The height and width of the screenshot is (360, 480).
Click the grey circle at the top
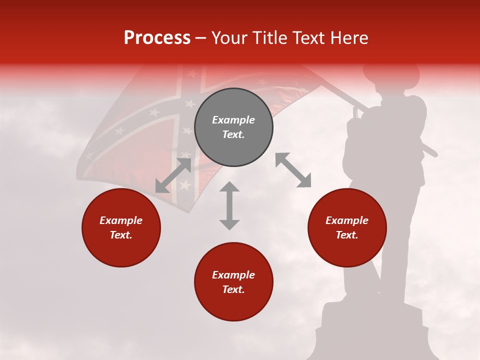point(233,127)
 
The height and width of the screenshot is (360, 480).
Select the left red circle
point(121,228)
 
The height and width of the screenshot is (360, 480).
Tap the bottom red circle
point(233,282)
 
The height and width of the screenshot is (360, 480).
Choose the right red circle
point(347,228)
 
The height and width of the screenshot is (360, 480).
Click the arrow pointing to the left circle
point(173,175)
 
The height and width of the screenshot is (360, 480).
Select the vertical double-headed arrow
point(229,205)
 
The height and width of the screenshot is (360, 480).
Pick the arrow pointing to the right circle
point(293,170)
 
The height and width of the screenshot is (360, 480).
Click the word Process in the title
point(157,37)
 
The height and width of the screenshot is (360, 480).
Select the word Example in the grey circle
point(233,120)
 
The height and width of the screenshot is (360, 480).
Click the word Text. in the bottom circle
point(233,289)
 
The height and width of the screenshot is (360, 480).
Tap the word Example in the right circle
point(347,220)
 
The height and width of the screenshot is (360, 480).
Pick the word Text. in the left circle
point(121,235)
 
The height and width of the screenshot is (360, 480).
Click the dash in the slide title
point(200,38)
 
